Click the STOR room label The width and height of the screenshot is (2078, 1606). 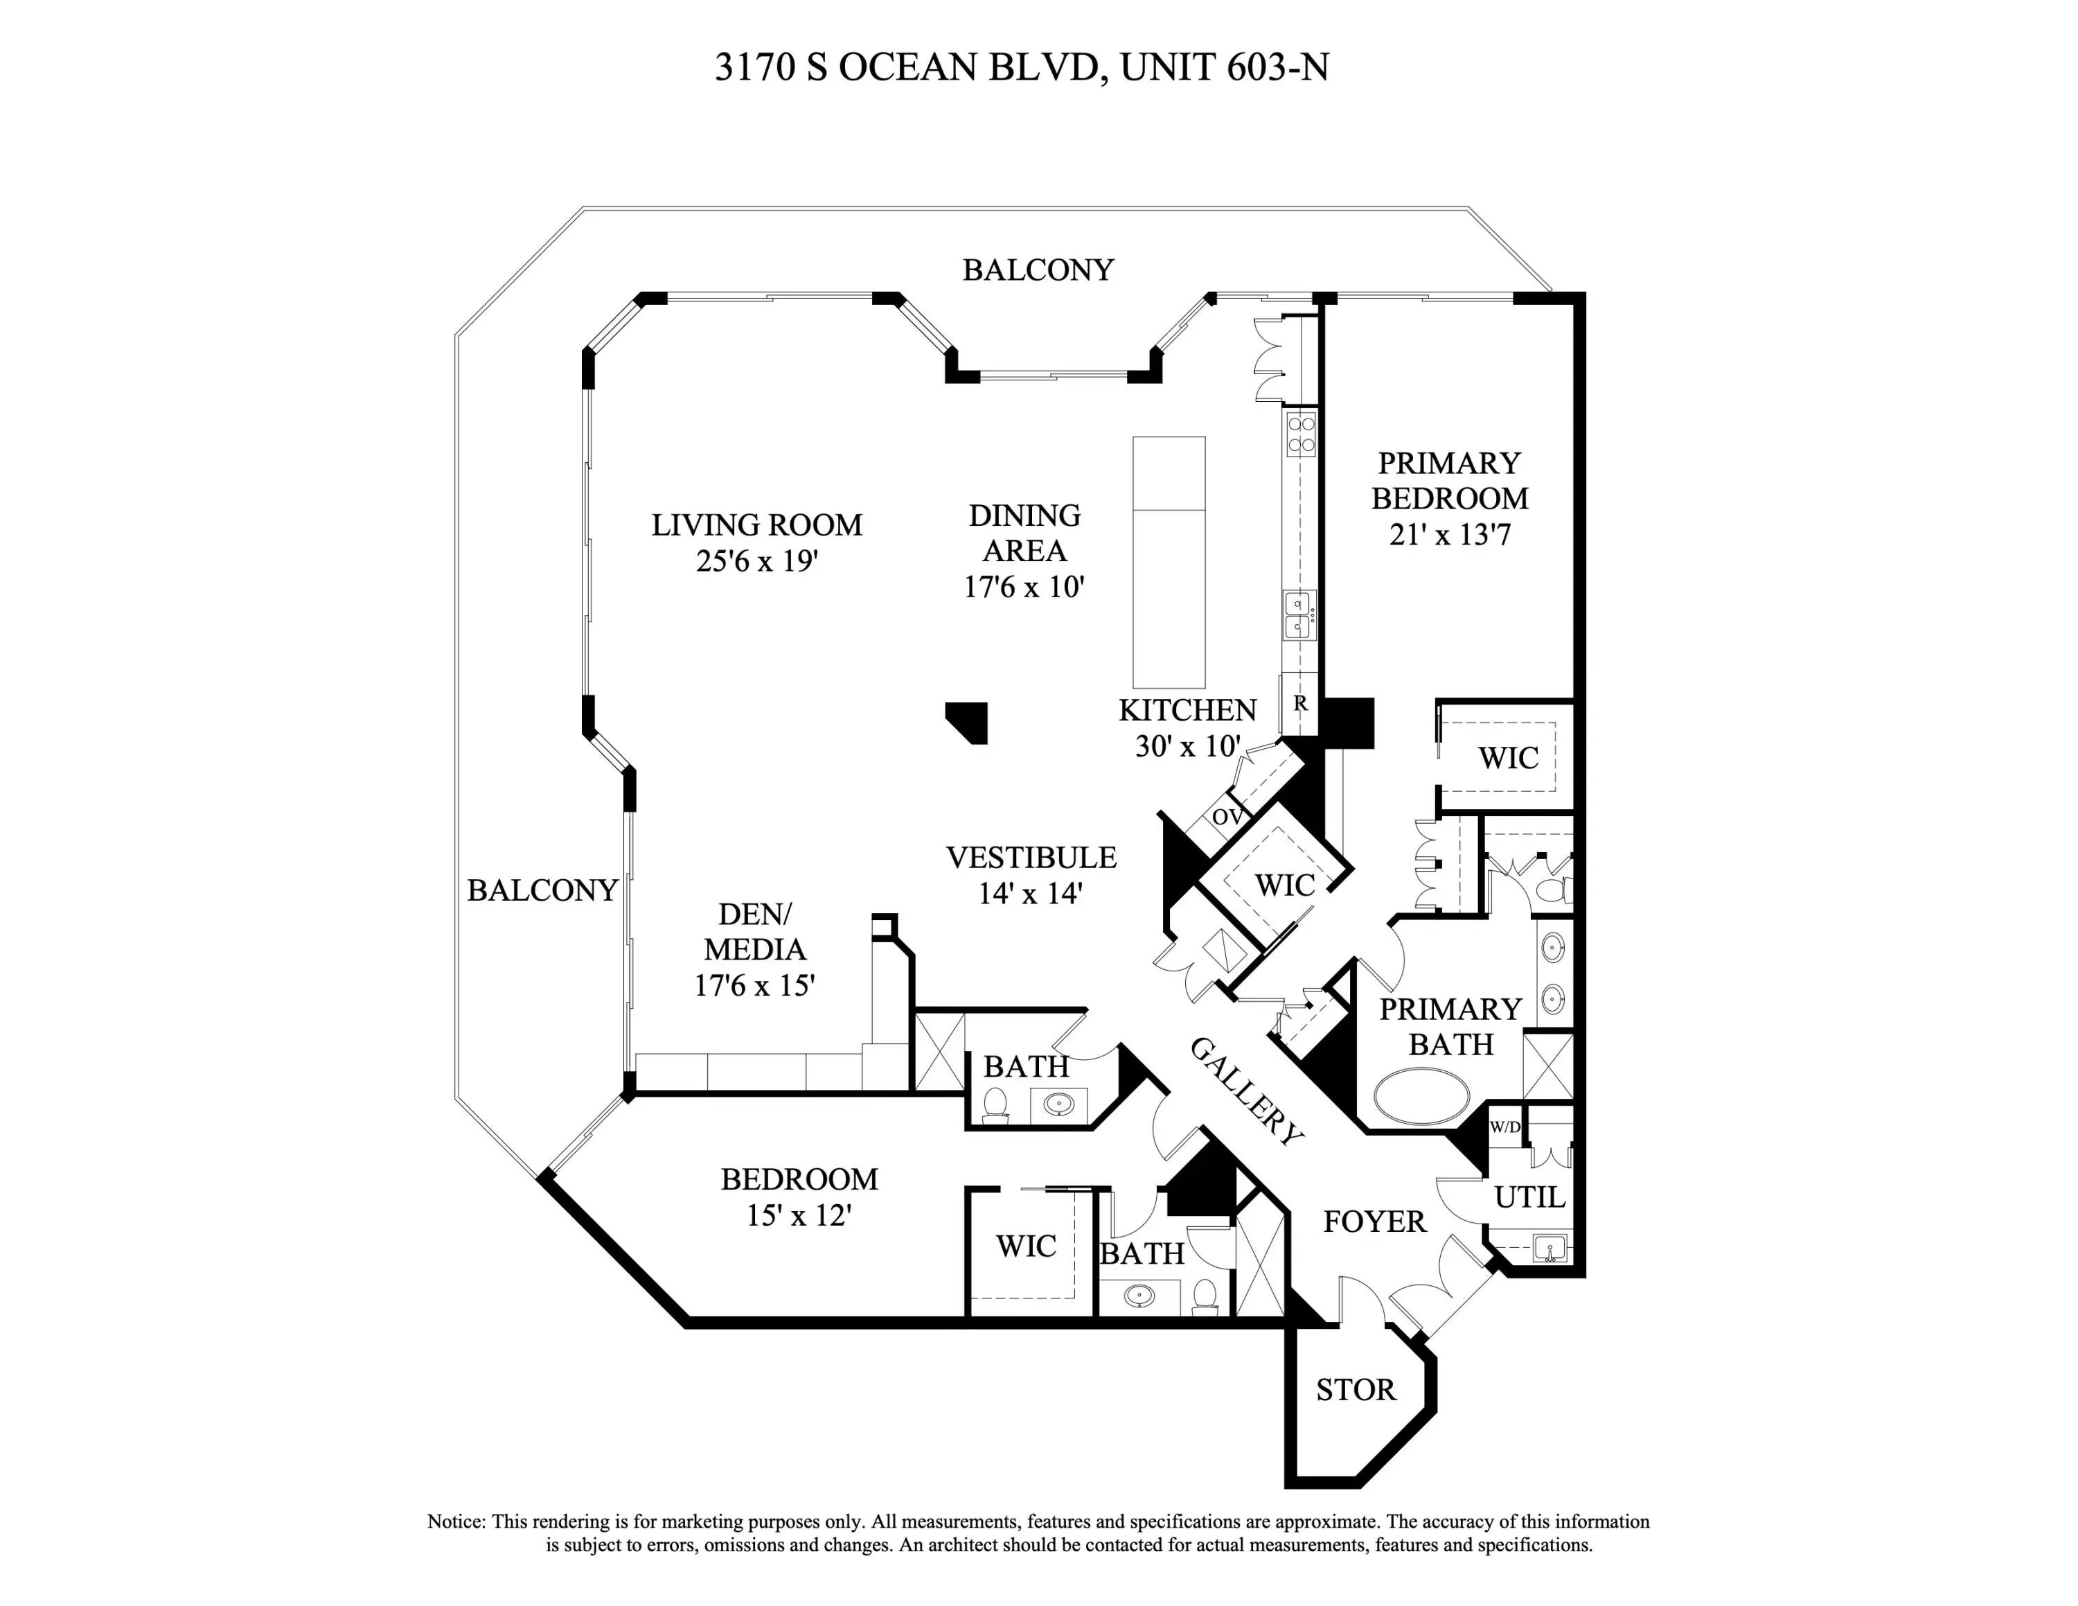pos(1356,1390)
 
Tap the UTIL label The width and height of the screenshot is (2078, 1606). pos(1530,1197)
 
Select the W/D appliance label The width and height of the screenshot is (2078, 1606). pos(1505,1127)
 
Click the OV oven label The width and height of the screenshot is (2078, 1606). pos(1227,816)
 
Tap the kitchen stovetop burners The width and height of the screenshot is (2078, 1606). pos(1302,434)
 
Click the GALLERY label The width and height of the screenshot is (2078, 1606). pos(1246,1091)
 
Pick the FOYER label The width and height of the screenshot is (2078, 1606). pos(1375,1221)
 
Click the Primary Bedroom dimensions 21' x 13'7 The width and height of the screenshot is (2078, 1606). pos(1450,535)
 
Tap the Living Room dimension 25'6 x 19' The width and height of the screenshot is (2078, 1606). pos(757,561)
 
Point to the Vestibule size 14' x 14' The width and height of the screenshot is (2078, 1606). pos(1031,893)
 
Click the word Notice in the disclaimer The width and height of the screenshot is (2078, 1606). pos(456,1521)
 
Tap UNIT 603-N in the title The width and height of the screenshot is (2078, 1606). pos(1225,67)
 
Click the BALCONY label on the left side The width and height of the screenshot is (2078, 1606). pos(542,890)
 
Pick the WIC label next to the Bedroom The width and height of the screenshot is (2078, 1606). pos(1026,1246)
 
